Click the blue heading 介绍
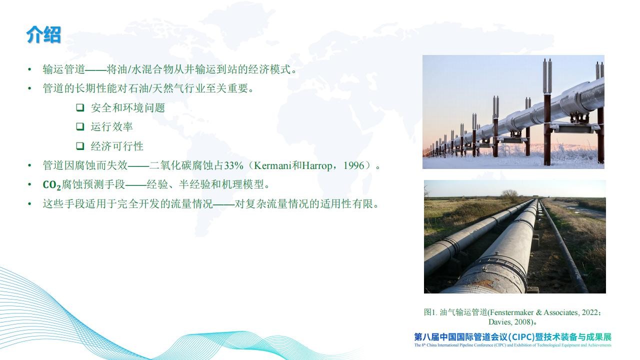tap(43, 34)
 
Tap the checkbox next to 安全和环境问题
tap(80, 107)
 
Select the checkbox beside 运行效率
tap(80, 126)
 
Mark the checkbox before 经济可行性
tap(80, 146)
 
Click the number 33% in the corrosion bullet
tap(233, 165)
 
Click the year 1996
tap(354, 165)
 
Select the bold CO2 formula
tap(51, 185)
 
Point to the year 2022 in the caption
tap(589, 312)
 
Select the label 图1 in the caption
tap(429, 312)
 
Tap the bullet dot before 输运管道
tap(29, 69)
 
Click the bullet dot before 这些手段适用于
tap(29, 203)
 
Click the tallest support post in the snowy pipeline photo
tap(547, 112)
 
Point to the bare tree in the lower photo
tap(509, 195)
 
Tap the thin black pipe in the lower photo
tap(561, 245)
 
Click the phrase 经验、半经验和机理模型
tap(205, 184)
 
